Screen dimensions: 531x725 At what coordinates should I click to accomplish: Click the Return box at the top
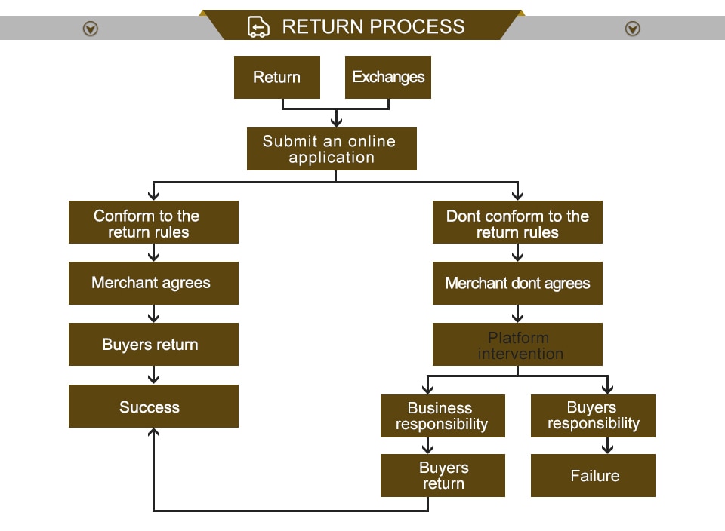click(x=276, y=77)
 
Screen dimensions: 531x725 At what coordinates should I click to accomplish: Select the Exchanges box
click(x=388, y=77)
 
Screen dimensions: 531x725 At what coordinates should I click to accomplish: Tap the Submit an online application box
click(x=332, y=149)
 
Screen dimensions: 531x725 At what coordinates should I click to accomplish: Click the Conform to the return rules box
click(x=153, y=223)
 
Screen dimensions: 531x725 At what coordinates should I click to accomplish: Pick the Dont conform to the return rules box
click(x=517, y=223)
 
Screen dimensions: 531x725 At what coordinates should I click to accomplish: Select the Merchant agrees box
click(x=153, y=283)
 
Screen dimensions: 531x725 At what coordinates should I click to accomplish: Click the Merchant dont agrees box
click(x=517, y=284)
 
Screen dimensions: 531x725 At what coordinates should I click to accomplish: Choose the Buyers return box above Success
click(x=153, y=345)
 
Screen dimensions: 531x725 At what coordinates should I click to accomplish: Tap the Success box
click(x=153, y=407)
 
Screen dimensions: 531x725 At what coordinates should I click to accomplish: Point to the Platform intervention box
click(x=517, y=345)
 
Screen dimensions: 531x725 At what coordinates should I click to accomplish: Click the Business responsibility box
click(x=443, y=416)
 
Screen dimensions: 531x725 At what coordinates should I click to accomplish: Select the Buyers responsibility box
click(x=593, y=416)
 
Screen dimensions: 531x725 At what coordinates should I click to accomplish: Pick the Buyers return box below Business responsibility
click(x=443, y=475)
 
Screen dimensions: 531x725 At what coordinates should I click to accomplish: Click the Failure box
click(x=593, y=475)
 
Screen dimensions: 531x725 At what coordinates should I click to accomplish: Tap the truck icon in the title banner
click(x=258, y=27)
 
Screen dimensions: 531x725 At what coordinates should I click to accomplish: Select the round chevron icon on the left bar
click(x=91, y=29)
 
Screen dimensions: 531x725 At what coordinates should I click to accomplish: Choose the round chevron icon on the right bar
click(x=633, y=29)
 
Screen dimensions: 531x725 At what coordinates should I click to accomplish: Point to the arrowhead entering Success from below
click(x=154, y=433)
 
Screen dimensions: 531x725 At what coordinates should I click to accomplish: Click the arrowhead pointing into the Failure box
click(x=608, y=449)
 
